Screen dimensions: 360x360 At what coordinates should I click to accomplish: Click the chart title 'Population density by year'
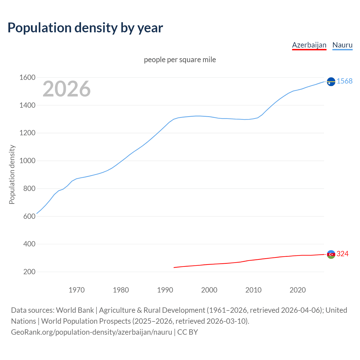[x=85, y=28]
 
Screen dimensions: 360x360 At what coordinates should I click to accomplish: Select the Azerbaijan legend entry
[x=309, y=45]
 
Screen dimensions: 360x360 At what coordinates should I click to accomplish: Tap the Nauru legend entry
[x=342, y=45]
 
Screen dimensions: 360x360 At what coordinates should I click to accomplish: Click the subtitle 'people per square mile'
[x=180, y=60]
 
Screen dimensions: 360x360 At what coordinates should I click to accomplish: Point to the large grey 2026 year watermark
[x=67, y=89]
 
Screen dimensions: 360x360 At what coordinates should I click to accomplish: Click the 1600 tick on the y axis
[x=27, y=78]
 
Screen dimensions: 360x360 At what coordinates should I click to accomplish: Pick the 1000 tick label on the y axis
[x=27, y=161]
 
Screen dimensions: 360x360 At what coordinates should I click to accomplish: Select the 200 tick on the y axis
[x=29, y=272]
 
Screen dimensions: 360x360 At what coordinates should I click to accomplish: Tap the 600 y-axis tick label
[x=29, y=216]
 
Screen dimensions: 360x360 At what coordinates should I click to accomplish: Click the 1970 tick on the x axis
[x=76, y=290]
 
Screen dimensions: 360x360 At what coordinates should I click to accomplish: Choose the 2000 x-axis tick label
[x=209, y=290]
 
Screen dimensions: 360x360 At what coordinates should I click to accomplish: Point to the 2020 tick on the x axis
[x=298, y=290]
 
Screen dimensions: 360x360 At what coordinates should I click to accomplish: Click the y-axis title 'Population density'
[x=12, y=174]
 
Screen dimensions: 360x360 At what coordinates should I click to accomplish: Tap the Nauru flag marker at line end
[x=331, y=82]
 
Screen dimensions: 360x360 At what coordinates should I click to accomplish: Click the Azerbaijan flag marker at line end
[x=331, y=254]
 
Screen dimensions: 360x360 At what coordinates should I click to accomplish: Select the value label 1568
[x=345, y=81]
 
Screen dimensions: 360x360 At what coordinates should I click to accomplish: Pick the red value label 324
[x=343, y=254]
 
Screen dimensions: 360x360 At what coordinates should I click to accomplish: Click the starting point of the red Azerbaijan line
[x=174, y=267]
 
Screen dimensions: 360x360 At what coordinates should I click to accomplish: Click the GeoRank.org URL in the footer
[x=91, y=332]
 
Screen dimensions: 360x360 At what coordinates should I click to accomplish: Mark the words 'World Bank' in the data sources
[x=75, y=310]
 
